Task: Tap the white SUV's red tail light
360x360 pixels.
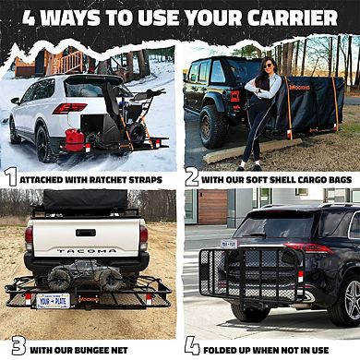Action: (x=68, y=108)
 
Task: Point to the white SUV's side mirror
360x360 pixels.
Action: (x=15, y=100)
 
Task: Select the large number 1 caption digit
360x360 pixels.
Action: (x=10, y=176)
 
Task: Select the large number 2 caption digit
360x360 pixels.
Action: (x=191, y=176)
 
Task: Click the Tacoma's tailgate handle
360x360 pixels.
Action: (x=86, y=232)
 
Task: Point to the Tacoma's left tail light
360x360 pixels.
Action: (x=30, y=239)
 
